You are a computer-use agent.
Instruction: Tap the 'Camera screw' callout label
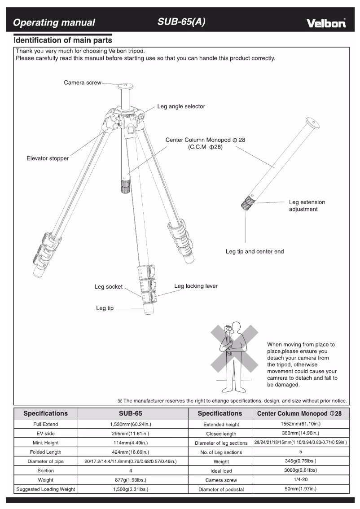[83, 83]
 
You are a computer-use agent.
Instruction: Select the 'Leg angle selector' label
[181, 106]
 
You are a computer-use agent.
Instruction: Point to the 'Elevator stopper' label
[48, 158]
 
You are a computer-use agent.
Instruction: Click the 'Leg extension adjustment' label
[307, 206]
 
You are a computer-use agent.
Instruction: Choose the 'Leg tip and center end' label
[255, 251]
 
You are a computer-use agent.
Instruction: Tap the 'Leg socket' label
[108, 287]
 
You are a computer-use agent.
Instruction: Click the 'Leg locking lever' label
[196, 286]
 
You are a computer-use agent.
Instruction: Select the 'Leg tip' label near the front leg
[105, 308]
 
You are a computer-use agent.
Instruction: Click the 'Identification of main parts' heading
[63, 40]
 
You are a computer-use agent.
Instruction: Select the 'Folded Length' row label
[45, 452]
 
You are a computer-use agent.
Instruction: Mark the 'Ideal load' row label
[220, 471]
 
